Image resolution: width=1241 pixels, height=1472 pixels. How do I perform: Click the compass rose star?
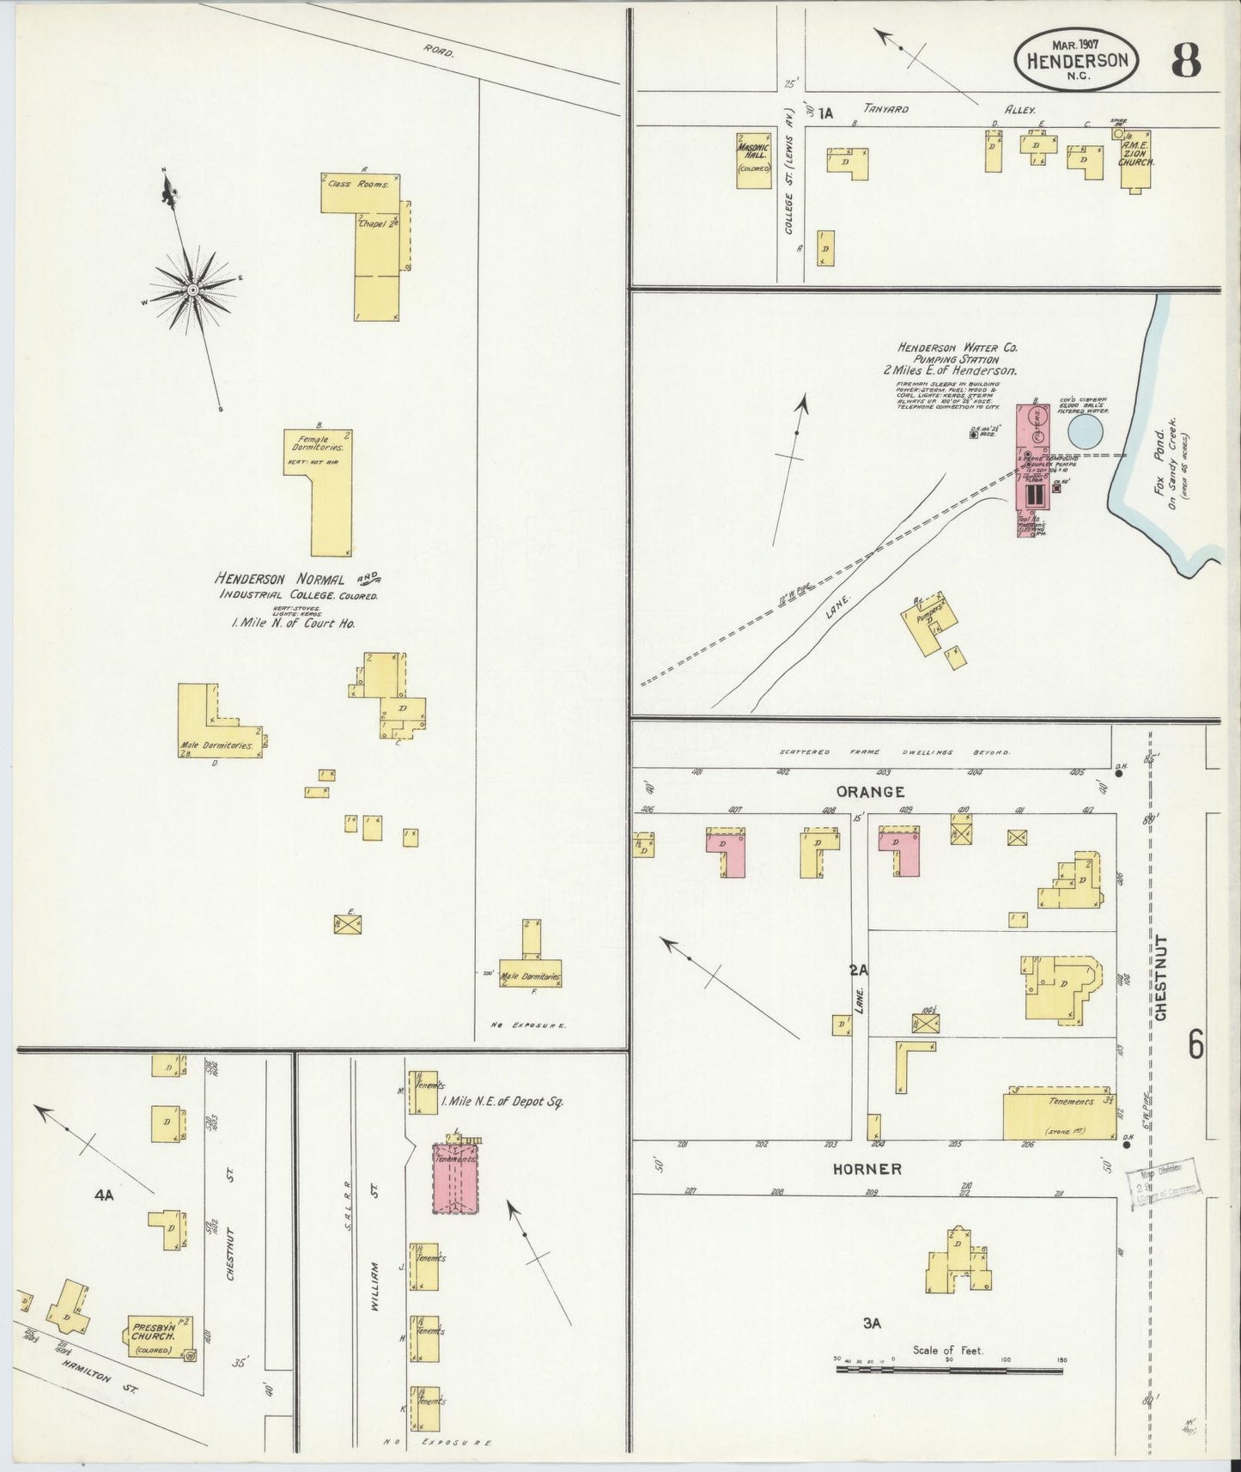point(192,290)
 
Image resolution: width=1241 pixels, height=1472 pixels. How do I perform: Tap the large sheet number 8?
point(1185,59)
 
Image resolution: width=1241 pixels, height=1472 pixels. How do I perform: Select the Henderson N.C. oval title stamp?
point(1077,58)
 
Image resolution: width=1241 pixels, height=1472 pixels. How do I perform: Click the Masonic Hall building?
point(753,159)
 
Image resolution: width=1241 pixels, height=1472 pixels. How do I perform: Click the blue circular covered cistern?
point(1086,429)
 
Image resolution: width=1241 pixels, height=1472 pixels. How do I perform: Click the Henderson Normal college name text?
point(280,579)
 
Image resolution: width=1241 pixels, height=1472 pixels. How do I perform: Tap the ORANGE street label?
point(870,792)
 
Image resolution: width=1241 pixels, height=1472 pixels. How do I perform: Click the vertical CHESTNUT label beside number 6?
point(1161,977)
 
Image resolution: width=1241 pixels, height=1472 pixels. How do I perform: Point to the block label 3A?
point(872,1323)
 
